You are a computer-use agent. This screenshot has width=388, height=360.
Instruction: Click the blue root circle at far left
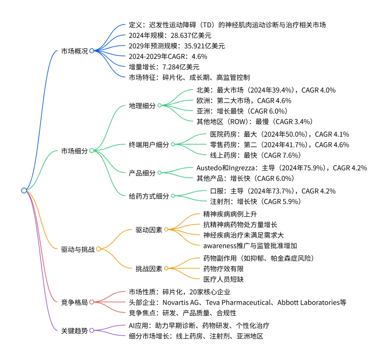pos(24,191)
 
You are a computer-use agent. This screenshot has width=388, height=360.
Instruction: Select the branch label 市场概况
pos(74,51)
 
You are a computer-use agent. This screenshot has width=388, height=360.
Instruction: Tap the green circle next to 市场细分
pos(91,151)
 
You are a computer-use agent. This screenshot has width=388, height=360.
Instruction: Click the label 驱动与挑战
pos(78,249)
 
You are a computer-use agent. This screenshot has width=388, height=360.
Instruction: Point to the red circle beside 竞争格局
pos(91,302)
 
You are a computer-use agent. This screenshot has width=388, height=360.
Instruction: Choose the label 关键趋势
pos(74,331)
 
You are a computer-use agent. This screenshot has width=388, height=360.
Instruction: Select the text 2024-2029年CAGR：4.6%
pos(168,56)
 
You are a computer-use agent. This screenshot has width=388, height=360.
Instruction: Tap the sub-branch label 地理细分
pos(142,106)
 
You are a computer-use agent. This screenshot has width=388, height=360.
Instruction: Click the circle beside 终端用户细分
pos(172,144)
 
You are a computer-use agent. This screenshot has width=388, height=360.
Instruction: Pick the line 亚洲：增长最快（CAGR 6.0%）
pos(240,111)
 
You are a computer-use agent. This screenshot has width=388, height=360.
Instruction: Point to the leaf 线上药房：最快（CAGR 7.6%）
pos(255,155)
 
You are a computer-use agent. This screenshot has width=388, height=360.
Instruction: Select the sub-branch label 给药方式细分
pos(148,196)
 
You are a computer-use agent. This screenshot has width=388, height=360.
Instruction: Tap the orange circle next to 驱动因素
pos(166,229)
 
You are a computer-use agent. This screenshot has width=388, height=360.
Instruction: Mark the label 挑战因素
pos(149,268)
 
